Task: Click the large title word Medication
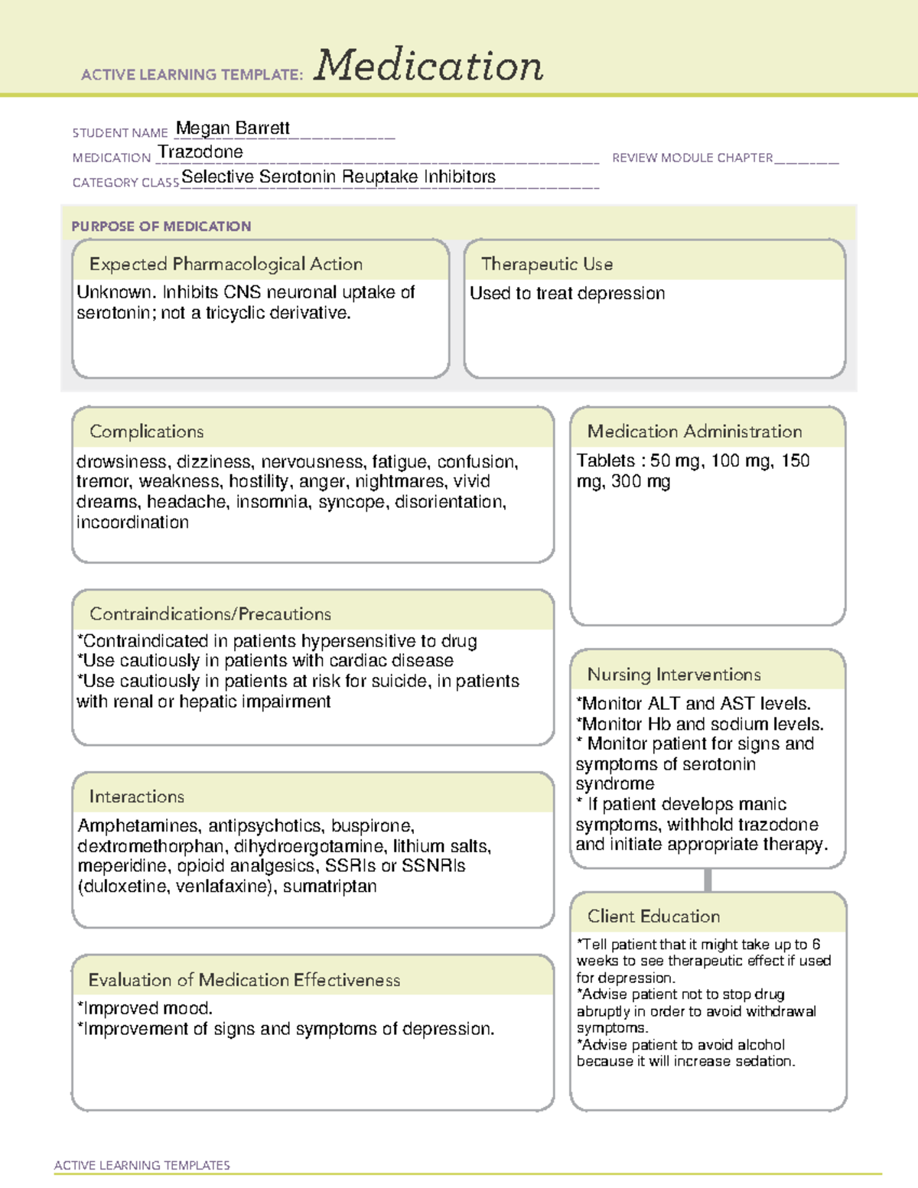pos(428,66)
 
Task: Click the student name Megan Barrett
pos(233,128)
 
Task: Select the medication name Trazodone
pos(200,152)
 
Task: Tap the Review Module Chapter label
pos(692,158)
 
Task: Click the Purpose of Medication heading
pos(161,226)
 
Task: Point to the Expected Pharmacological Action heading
pos(226,265)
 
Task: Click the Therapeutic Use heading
pos(547,265)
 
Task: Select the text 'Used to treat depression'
pos(567,294)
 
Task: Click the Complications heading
pos(147,432)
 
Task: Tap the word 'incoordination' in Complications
pos(132,522)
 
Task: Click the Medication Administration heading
pos(695,432)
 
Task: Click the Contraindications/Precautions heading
pos(210,614)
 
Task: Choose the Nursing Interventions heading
pos(674,675)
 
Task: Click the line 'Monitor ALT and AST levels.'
pos(693,704)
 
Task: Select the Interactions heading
pos(137,797)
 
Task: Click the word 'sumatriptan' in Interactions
pos(330,887)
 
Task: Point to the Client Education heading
pos(653,916)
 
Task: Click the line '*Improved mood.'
pos(145,1008)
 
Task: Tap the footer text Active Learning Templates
pos(142,1165)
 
